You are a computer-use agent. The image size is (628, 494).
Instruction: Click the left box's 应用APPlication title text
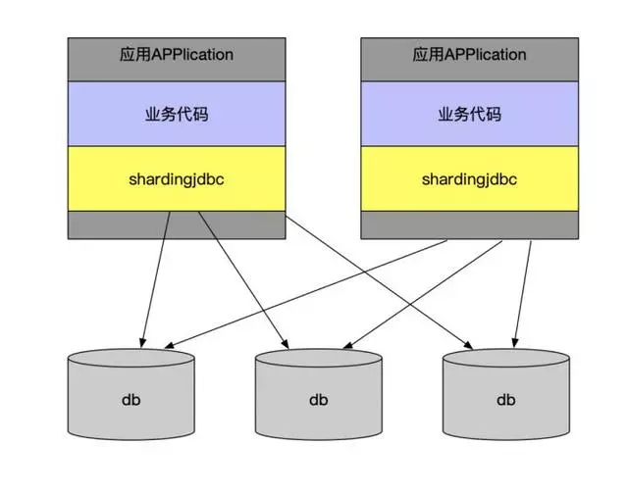pyautogui.click(x=176, y=55)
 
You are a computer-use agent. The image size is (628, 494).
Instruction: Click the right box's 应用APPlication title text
pyautogui.click(x=469, y=55)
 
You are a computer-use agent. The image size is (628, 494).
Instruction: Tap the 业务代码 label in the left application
pyautogui.click(x=176, y=114)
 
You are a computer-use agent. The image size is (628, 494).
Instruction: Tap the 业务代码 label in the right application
pyautogui.click(x=469, y=114)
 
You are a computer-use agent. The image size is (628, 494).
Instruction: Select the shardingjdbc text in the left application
pyautogui.click(x=176, y=179)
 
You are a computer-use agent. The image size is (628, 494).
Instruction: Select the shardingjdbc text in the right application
pyautogui.click(x=469, y=179)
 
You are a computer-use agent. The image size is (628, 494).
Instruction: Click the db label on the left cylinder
pyautogui.click(x=131, y=400)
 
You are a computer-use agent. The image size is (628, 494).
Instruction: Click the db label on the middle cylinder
pyautogui.click(x=318, y=400)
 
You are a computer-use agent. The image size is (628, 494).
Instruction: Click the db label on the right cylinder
pyautogui.click(x=505, y=400)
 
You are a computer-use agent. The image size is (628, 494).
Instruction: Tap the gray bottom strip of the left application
pyautogui.click(x=176, y=224)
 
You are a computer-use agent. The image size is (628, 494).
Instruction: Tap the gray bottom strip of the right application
pyautogui.click(x=469, y=224)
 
